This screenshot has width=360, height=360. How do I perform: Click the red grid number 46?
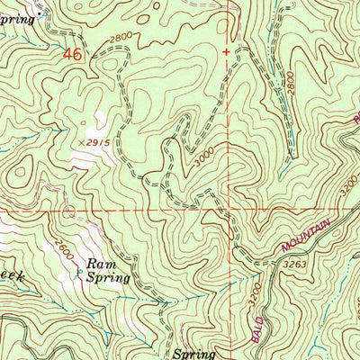73,55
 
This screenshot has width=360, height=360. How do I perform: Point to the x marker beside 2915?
81,142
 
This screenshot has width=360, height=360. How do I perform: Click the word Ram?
98,265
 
